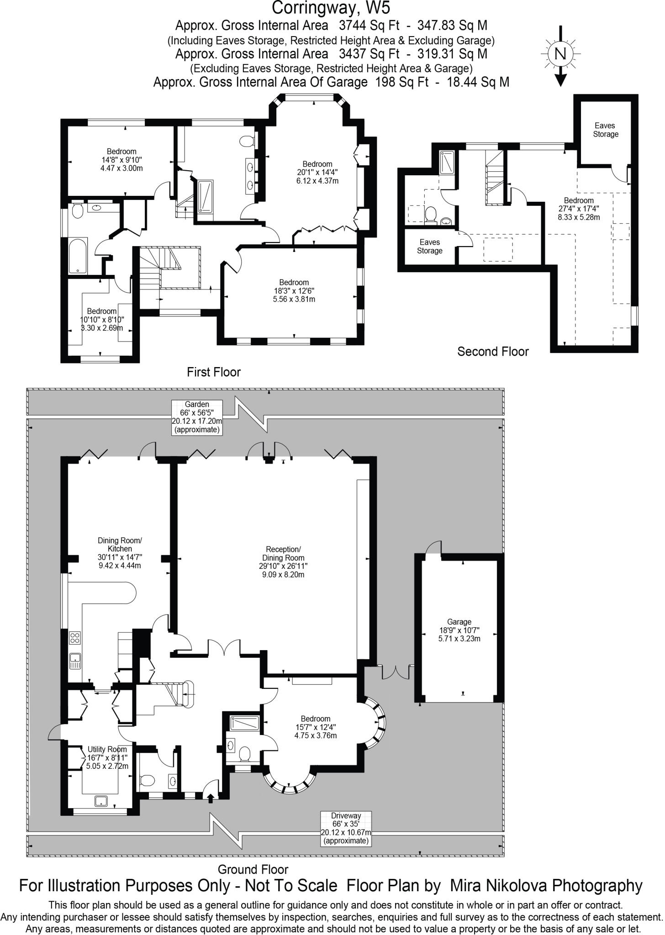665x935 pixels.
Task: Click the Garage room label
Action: coord(459,630)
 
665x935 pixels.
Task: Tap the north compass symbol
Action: coord(560,54)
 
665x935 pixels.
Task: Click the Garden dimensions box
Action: coord(197,417)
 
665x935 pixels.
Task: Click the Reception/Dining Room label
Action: coord(283,562)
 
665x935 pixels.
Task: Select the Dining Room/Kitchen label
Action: coord(120,553)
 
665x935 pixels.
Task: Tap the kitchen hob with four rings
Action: coord(75,637)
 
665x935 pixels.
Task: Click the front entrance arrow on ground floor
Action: coord(211,798)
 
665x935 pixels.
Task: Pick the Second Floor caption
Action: coord(493,352)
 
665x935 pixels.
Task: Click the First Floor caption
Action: coord(214,372)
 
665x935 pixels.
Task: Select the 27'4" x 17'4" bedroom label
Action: coord(579,209)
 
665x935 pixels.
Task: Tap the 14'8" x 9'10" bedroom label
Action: coord(121,159)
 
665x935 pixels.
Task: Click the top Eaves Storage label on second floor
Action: coord(606,130)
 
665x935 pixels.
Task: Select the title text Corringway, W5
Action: coord(331,8)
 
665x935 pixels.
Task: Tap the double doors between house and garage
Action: coord(395,672)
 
